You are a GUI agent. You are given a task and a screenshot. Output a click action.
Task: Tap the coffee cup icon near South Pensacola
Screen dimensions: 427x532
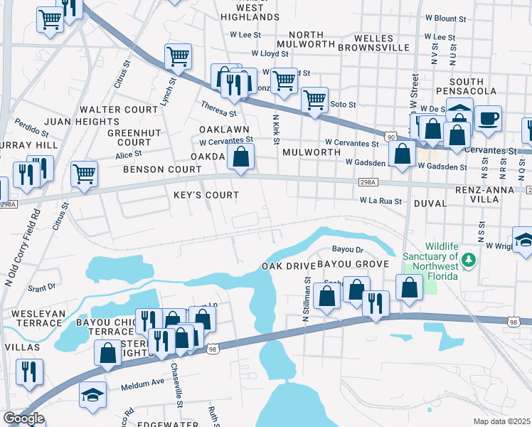point(488,118)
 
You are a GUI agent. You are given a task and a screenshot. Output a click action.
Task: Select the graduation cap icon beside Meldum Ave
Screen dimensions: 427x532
point(92,394)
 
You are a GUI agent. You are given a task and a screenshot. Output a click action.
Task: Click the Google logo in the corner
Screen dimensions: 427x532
point(23,419)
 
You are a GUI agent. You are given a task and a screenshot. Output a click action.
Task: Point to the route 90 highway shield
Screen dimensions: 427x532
point(390,135)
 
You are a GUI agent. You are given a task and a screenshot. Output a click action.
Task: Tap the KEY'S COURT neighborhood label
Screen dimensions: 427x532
point(206,194)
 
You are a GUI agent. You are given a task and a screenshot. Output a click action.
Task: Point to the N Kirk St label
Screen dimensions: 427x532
point(275,129)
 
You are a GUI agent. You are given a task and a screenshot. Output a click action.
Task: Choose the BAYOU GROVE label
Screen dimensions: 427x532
point(353,264)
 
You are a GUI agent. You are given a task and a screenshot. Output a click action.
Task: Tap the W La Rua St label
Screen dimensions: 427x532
point(381,201)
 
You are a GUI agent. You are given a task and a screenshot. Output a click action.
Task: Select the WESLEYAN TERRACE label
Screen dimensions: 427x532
point(38,318)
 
